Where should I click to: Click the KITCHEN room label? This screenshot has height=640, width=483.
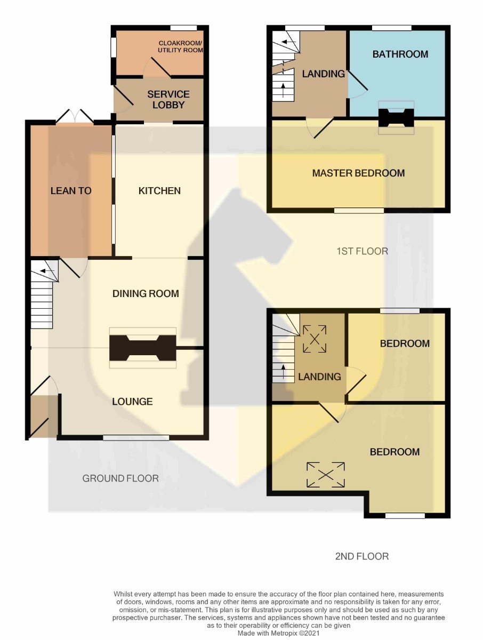point(159,191)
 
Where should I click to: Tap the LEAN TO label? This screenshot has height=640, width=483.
point(71,191)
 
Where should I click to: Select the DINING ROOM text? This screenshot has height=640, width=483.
point(146,293)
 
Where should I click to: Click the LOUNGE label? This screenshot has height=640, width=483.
point(132,402)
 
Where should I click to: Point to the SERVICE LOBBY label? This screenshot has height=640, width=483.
point(168,99)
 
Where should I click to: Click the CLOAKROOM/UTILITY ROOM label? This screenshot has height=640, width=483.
point(180,46)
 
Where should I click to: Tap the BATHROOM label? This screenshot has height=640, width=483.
point(400,54)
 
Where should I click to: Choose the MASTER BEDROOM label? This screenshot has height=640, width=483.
point(358,173)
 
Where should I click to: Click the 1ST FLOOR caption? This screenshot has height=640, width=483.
point(362,251)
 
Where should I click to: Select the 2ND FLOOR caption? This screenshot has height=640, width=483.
point(362,556)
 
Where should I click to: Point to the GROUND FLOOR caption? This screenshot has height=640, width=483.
point(120,478)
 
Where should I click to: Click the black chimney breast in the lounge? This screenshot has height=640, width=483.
point(143,348)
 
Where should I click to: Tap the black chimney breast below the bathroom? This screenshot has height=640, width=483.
point(396,117)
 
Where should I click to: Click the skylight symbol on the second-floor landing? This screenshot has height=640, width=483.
point(315,339)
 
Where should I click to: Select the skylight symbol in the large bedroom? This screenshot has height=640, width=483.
point(325,475)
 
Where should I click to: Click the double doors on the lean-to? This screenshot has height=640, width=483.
point(75,116)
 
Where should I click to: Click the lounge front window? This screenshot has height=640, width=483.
point(136,438)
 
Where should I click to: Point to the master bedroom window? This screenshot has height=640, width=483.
point(359,211)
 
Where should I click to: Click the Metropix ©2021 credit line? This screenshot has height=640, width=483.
point(278,633)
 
